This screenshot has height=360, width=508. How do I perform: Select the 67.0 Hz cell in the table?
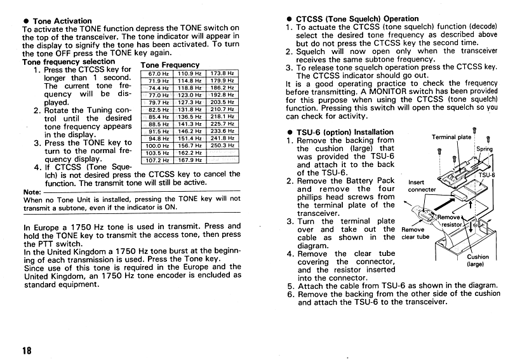[x=159, y=74]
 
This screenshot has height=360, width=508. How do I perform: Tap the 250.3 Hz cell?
[x=223, y=145]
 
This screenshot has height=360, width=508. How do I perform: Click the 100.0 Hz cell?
[x=159, y=145]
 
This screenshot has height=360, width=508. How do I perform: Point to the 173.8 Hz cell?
[x=223, y=74]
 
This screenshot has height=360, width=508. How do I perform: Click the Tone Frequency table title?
[x=170, y=65]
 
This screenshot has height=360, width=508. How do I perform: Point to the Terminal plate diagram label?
[x=451, y=137]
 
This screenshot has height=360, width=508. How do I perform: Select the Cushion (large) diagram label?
[x=478, y=260]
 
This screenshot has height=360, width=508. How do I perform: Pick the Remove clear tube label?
[x=415, y=234]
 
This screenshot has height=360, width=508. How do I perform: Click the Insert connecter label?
[x=422, y=185]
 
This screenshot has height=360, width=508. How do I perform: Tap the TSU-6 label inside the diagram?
[x=486, y=175]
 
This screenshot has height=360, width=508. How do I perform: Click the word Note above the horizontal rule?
[x=31, y=192]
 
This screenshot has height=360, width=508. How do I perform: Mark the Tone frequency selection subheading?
[x=69, y=62]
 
